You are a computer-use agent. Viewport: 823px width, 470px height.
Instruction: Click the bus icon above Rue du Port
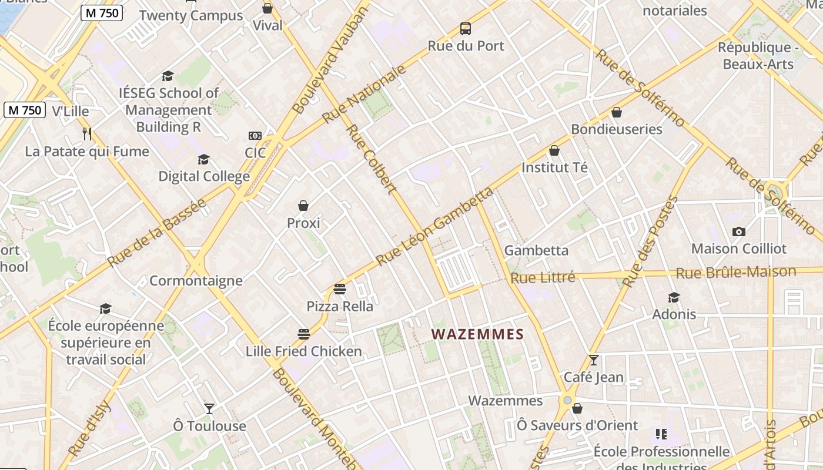pos(466,28)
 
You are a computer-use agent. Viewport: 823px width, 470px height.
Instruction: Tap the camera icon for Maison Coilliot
pos(739,231)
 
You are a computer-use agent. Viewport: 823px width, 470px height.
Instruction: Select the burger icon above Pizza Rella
pos(339,288)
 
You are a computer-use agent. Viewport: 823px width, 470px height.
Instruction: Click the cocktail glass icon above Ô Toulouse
pos(209,408)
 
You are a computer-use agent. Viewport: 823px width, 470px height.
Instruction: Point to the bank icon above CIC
pos(255,136)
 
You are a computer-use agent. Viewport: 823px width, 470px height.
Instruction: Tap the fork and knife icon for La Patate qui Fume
pos(87,134)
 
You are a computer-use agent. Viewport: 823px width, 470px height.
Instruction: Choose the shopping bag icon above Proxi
pos(303,206)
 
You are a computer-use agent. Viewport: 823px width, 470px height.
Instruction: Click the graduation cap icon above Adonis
pos(674,297)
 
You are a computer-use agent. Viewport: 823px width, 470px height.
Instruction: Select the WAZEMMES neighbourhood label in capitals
pos(477,334)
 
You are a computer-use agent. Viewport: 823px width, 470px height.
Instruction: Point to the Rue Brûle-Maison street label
pos(736,272)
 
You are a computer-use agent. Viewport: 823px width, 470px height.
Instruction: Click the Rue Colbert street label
pos(371,159)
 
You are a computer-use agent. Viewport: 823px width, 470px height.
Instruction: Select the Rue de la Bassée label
pos(157,233)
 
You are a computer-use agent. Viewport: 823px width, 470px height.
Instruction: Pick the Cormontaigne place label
pos(196,280)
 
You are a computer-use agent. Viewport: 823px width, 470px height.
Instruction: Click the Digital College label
pos(204,176)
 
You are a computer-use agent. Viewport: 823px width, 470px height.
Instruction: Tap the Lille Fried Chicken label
pos(303,351)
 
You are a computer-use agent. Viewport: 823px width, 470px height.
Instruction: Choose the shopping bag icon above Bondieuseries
pos(617,112)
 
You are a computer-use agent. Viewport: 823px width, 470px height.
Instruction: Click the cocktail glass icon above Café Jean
pos(594,360)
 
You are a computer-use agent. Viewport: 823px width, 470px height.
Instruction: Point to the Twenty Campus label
pos(191,15)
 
